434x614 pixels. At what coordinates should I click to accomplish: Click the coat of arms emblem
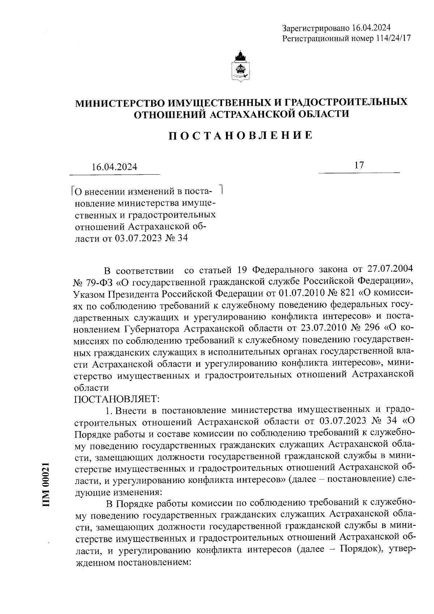tap(240, 68)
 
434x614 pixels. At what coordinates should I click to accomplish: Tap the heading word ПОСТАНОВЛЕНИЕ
tap(241, 136)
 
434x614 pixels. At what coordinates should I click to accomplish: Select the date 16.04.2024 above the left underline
tap(114, 167)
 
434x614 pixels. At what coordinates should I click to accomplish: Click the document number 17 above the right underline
tap(359, 165)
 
